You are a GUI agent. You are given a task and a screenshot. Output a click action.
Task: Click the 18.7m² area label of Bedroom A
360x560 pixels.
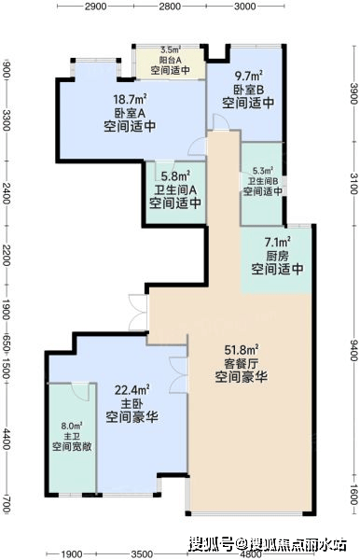coord(131,99)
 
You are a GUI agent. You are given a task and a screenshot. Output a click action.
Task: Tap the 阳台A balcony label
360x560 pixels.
coord(170,60)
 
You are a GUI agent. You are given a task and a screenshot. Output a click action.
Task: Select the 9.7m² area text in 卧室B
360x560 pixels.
coord(248,77)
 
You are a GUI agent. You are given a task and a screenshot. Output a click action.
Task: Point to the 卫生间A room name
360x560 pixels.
coord(175,189)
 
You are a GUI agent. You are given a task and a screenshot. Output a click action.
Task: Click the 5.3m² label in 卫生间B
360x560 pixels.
coord(263,171)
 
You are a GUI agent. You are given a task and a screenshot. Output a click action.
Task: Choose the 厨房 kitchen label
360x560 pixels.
coord(277,256)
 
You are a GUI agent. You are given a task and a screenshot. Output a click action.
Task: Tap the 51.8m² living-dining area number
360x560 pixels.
coord(242,350)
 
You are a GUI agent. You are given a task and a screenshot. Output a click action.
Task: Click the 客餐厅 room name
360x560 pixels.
coord(242,364)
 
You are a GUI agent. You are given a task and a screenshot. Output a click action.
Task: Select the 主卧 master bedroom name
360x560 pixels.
coord(132,404)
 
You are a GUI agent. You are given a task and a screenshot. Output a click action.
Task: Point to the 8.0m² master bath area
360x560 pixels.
coord(72,426)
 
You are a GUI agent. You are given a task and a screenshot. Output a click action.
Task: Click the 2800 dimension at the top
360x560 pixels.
coord(170,7)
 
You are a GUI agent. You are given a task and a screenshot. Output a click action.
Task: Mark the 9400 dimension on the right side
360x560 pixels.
coord(353,350)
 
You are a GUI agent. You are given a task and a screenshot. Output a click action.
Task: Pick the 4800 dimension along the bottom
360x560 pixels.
coord(251,554)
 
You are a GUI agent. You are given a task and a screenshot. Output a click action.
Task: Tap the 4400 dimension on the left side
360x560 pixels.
coord(7,440)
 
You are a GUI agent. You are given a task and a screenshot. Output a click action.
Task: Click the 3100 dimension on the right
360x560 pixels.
coord(353,184)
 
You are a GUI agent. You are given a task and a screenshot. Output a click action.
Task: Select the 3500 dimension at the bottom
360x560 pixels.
coord(142,554)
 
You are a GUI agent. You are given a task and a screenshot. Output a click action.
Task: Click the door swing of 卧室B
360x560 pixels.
coord(221,122)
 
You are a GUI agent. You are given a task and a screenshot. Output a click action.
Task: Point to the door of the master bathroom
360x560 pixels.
coord(80,392)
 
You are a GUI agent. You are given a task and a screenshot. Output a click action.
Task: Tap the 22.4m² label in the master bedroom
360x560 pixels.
coord(132,390)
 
